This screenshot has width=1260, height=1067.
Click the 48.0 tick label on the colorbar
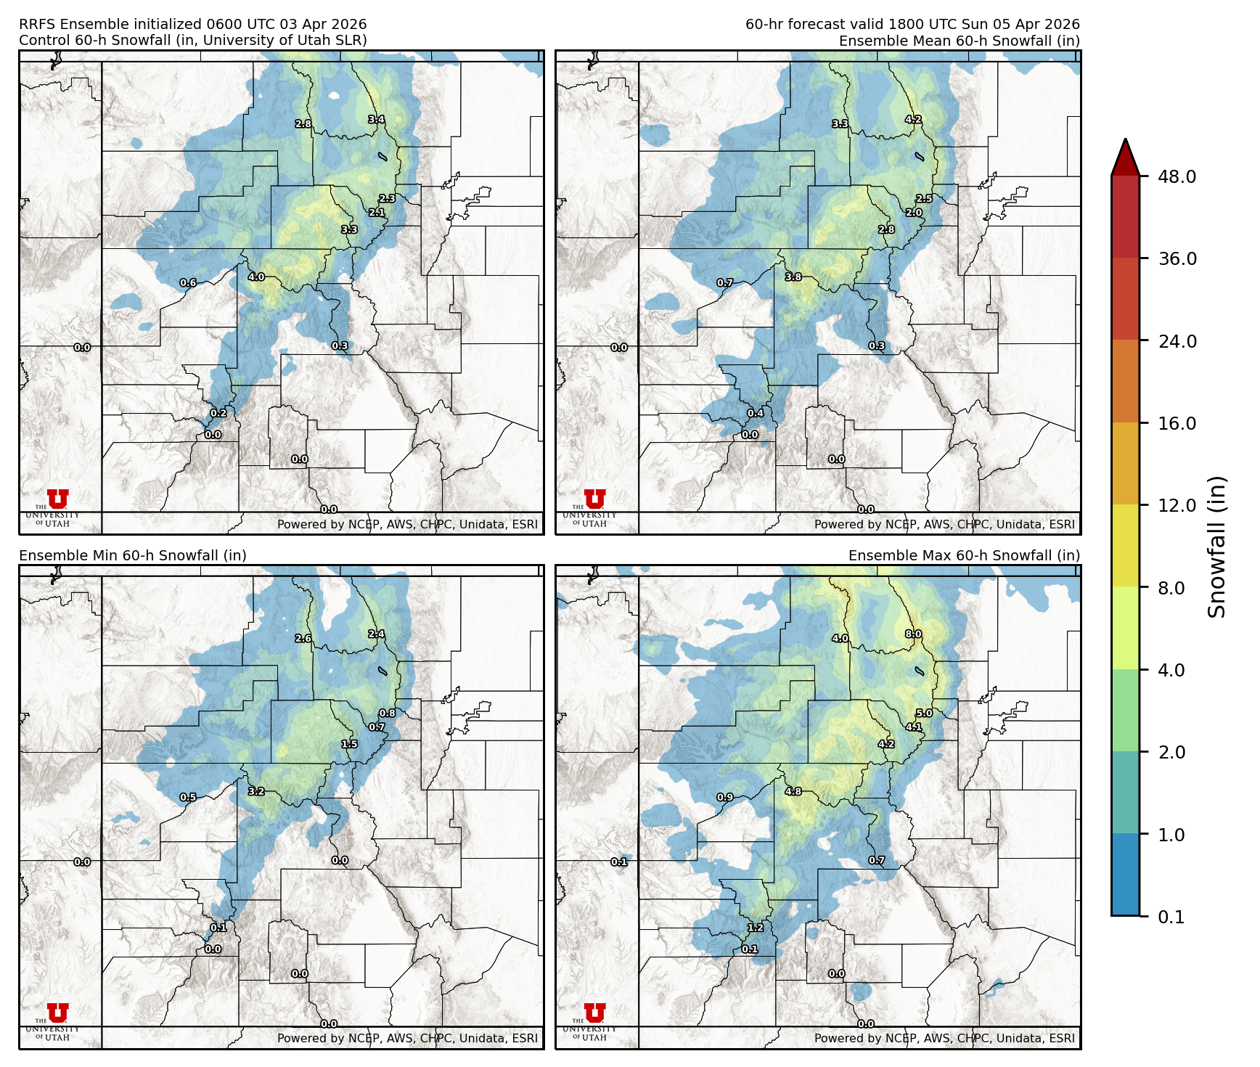pyautogui.click(x=1177, y=176)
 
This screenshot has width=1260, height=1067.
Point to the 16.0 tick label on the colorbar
pyautogui.click(x=1177, y=423)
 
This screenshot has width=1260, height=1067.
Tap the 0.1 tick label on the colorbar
pyautogui.click(x=1171, y=917)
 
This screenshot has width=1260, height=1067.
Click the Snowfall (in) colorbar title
pyautogui.click(x=1216, y=547)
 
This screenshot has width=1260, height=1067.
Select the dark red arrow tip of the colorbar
pyautogui.click(x=1125, y=155)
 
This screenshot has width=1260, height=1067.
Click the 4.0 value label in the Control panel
pyautogui.click(x=256, y=277)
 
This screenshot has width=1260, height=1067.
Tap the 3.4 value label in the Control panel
pyautogui.click(x=376, y=119)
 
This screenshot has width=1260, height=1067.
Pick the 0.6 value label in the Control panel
pyautogui.click(x=188, y=282)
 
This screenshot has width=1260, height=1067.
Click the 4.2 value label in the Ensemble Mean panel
pyautogui.click(x=913, y=119)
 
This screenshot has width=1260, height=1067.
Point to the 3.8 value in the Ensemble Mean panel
pyautogui.click(x=793, y=277)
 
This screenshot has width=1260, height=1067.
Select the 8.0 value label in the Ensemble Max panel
pyautogui.click(x=913, y=634)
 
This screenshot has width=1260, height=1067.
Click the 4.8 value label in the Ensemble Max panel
pyautogui.click(x=793, y=791)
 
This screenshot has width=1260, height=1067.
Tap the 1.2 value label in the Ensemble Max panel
pyautogui.click(x=756, y=927)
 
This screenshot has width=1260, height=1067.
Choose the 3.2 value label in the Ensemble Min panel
pyautogui.click(x=256, y=791)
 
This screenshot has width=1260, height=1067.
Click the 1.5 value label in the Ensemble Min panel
pyautogui.click(x=349, y=744)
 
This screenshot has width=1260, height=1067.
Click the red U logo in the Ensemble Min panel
pyautogui.click(x=57, y=1013)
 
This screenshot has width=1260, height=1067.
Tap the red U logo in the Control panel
pyautogui.click(x=57, y=499)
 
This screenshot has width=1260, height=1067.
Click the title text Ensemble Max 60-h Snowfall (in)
pyautogui.click(x=964, y=555)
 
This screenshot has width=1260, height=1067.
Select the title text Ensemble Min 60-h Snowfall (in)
pyautogui.click(x=133, y=555)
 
